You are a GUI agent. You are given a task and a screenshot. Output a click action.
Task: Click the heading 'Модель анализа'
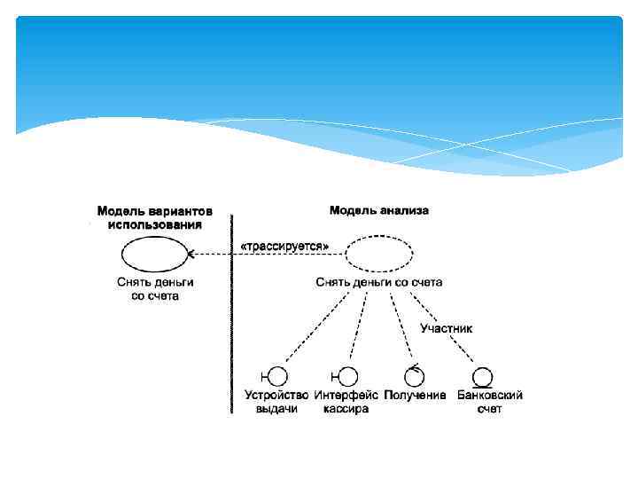coord(378,210)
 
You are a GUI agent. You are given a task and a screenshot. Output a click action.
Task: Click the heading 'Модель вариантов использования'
coord(155,218)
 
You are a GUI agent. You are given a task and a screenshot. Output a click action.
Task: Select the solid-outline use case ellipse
coord(155,255)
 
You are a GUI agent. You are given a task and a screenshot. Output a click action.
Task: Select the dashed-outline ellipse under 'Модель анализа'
coord(378,255)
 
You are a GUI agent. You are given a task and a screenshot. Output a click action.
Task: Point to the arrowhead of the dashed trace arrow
coord(191,255)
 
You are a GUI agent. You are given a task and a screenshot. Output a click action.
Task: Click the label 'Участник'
coord(446,328)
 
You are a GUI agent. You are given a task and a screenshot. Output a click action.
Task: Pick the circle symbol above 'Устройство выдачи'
coord(277,376)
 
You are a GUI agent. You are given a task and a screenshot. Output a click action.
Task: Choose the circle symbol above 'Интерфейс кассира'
coord(348,376)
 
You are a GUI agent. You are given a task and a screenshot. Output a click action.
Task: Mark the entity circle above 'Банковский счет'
coord(483,376)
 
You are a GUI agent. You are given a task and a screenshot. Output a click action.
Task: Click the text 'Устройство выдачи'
coord(276,402)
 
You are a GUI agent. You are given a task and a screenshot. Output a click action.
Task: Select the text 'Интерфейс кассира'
coord(346,402)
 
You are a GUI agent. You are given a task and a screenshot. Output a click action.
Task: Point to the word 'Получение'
coord(415,396)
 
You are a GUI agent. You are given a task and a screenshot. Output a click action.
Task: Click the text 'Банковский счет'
coord(489,402)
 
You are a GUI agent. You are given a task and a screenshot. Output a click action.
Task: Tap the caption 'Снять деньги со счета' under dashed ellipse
coord(378,282)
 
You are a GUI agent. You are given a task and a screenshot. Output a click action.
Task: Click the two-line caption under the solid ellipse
coord(155,288)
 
